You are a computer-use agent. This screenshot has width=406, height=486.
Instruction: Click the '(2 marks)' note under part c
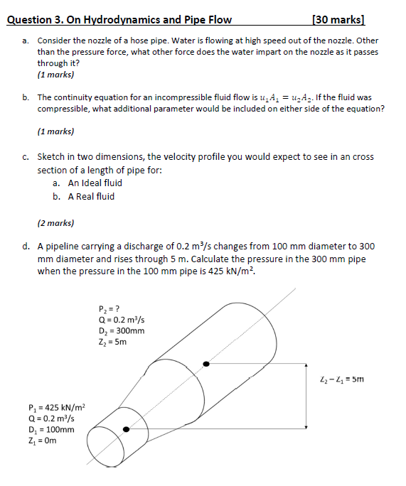pyautogui.click(x=55, y=222)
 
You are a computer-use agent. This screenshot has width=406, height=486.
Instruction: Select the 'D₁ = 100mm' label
pyautogui.click(x=51, y=429)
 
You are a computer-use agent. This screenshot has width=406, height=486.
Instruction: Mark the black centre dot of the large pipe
pyautogui.click(x=206, y=364)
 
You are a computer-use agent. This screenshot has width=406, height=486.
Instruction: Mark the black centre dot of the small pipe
pyautogui.click(x=127, y=429)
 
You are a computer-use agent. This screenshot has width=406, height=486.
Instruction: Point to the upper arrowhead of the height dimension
pyautogui.click(x=306, y=367)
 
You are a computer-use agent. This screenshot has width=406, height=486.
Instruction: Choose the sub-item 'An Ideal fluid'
pyautogui.click(x=95, y=183)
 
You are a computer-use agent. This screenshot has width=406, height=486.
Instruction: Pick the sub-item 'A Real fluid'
pyautogui.click(x=91, y=196)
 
